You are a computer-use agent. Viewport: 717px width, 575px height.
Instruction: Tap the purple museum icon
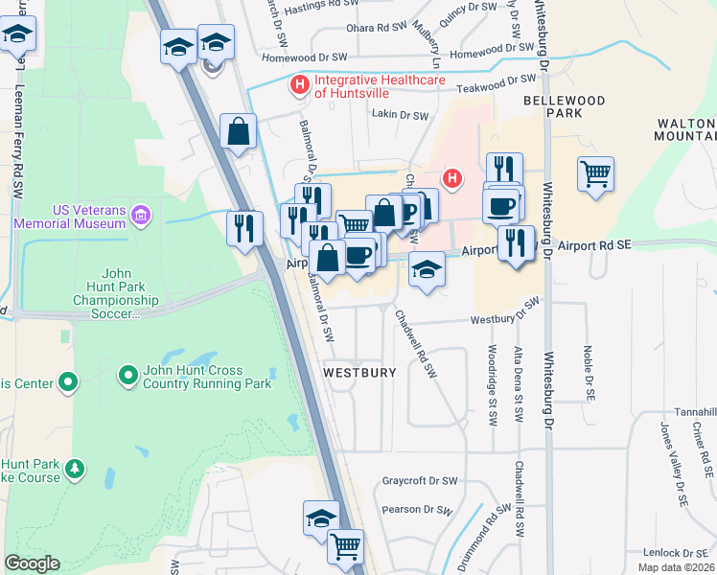pyautogui.click(x=142, y=212)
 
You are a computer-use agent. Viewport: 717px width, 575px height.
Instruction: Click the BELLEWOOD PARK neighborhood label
pyautogui.click(x=565, y=106)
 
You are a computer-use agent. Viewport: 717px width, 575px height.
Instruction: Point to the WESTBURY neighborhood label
pyautogui.click(x=359, y=372)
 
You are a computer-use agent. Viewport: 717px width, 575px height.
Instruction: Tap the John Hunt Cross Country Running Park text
pyautogui.click(x=207, y=378)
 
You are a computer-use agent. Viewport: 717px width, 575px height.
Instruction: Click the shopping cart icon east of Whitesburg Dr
pyautogui.click(x=595, y=174)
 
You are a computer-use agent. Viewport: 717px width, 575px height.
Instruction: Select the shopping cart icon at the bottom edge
pyautogui.click(x=345, y=547)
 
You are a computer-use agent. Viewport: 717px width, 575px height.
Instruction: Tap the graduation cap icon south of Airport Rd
pyautogui.click(x=428, y=269)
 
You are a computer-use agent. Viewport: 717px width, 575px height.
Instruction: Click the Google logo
pyautogui.click(x=32, y=563)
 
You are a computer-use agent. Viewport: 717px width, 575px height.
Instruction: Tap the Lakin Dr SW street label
pyautogui.click(x=400, y=115)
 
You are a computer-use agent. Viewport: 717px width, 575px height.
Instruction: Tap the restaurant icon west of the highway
pyautogui.click(x=243, y=227)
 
